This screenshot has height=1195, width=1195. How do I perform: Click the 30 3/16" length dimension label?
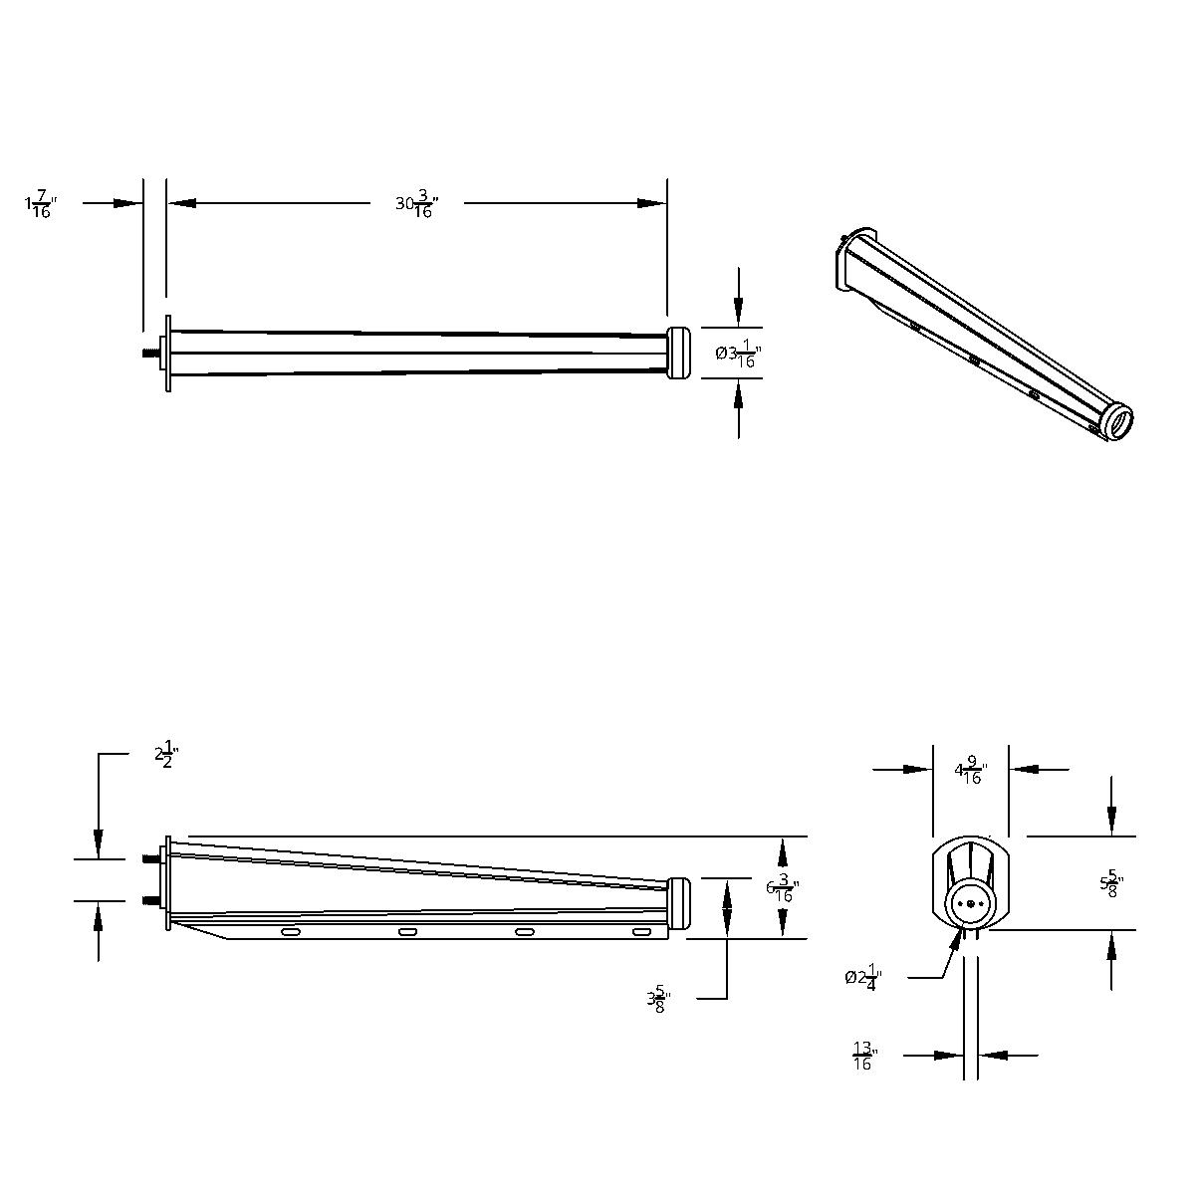coord(416,204)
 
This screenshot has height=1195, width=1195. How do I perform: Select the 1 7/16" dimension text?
coord(40,205)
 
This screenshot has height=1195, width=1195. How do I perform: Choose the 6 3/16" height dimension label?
coord(783,886)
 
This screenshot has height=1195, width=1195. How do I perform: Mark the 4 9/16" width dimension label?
coord(970,771)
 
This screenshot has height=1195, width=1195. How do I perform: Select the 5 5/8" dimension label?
coord(1111,883)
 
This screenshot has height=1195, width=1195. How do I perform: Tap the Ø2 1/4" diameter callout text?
coord(861,978)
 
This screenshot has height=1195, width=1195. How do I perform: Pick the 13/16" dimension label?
coord(863,1056)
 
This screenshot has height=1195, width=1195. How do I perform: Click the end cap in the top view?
coord(679,353)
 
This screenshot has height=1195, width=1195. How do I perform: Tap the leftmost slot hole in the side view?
coord(291,932)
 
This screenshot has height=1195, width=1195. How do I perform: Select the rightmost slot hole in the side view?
coord(642,931)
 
